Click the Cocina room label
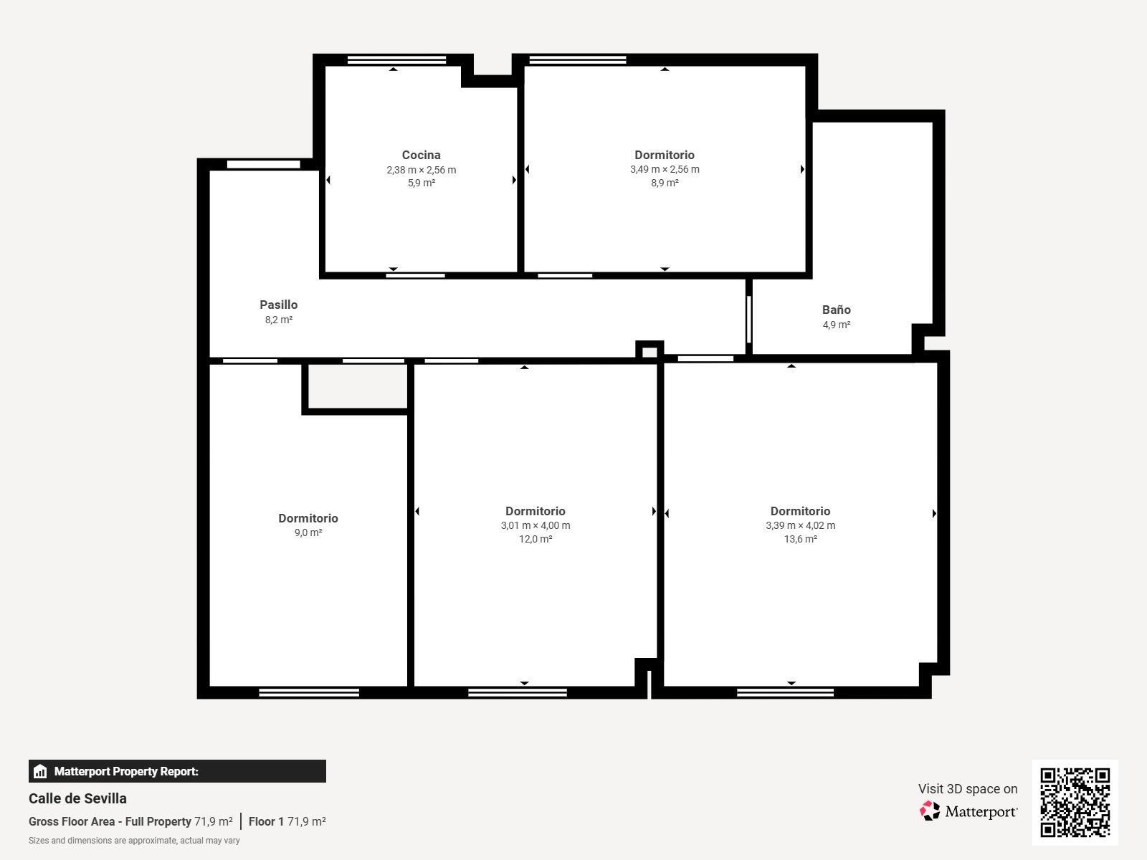[x=421, y=155]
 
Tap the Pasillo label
[x=279, y=305]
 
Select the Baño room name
[x=836, y=310]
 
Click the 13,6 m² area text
[x=800, y=539]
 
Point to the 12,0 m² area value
[x=535, y=539]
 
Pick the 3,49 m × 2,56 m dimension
[x=664, y=169]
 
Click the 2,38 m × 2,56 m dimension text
[x=422, y=170]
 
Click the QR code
[x=1075, y=802]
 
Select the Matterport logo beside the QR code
[x=968, y=811]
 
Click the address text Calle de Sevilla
[x=77, y=798]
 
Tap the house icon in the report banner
[x=40, y=771]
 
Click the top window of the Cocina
[x=396, y=60]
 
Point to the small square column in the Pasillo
[x=649, y=350]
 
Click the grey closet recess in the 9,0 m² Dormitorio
[x=358, y=386]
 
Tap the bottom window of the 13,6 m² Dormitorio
[x=785, y=692]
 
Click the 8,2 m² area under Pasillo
[x=279, y=320]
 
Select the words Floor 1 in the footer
[x=266, y=821]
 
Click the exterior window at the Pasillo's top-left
[x=263, y=165]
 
